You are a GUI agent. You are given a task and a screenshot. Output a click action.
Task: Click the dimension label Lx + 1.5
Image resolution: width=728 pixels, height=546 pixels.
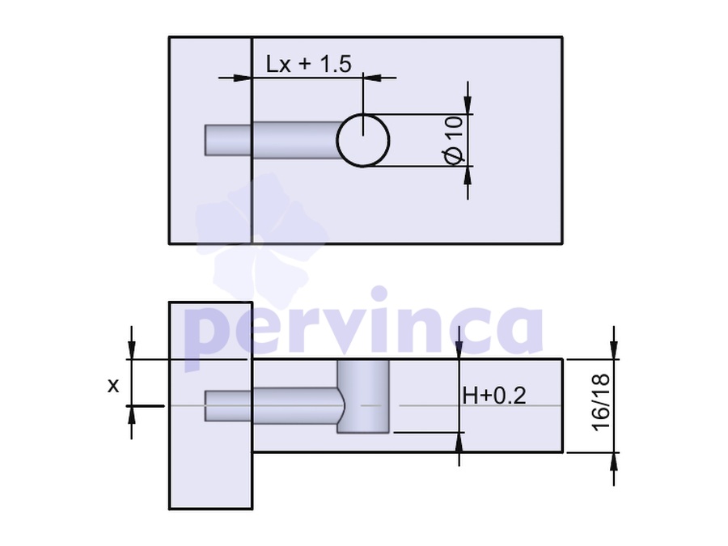[309, 64]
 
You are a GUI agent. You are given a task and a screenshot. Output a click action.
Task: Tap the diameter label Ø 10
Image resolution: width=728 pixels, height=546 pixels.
[454, 140]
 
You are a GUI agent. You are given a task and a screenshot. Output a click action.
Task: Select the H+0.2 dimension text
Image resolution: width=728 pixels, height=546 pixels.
[494, 396]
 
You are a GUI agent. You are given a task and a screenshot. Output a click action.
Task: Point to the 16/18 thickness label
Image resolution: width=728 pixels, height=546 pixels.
[601, 402]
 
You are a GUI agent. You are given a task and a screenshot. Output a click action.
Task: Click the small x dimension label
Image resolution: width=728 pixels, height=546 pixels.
[113, 385]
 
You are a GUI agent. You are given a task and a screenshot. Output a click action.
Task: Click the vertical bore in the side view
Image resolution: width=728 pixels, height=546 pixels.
[363, 396]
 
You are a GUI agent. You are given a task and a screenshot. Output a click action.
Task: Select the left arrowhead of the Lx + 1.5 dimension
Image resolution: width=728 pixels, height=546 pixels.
[243, 78]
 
